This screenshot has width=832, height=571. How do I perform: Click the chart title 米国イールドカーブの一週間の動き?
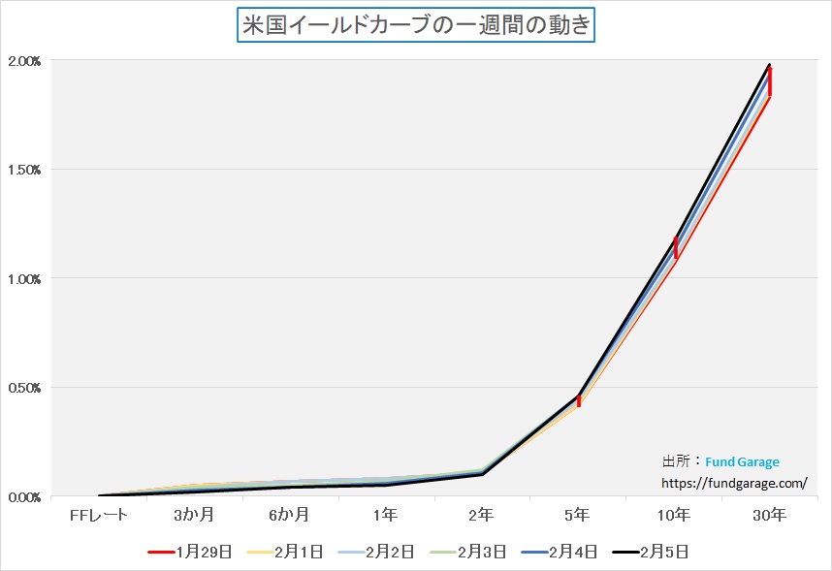point(416,25)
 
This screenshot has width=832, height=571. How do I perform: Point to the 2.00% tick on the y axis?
point(24,61)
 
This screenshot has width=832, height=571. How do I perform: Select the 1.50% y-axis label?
point(24,170)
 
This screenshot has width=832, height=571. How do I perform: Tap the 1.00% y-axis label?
point(24,279)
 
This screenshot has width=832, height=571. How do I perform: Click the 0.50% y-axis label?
point(24,388)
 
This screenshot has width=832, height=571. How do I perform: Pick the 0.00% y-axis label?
point(24,497)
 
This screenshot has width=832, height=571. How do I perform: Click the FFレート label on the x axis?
point(99,514)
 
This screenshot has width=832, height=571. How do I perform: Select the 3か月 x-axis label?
point(195,514)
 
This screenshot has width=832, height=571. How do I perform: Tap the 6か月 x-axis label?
point(290,514)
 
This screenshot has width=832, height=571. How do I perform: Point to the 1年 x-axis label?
point(386,514)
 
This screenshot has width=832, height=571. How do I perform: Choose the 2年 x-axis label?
point(482,514)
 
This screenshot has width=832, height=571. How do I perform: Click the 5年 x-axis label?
point(578,514)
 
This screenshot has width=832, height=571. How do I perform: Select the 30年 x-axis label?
point(770,514)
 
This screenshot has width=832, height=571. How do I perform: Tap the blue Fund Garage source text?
point(742,462)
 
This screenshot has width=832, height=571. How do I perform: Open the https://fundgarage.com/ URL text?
point(734,482)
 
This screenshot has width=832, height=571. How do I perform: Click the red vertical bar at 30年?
point(770,81)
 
